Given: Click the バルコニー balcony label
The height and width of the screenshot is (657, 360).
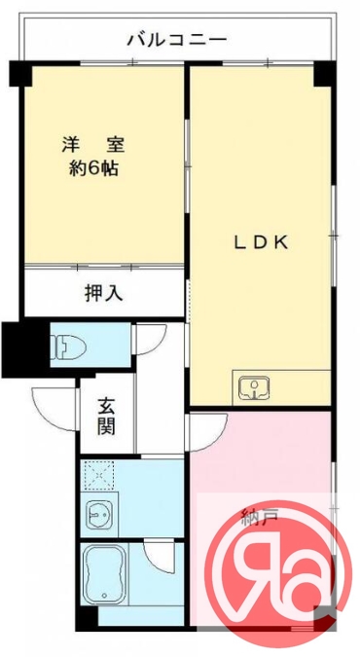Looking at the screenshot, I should coord(177,41).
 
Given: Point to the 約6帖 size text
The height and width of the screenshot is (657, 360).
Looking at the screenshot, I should coord(94,166).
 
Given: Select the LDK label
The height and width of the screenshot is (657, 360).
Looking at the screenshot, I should coord(260,243).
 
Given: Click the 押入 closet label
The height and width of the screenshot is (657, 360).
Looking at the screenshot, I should coord(103,292).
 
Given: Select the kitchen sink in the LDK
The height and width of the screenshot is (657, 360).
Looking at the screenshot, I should coord(255,387).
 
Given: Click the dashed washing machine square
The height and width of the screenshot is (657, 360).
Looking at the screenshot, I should coord(98,476).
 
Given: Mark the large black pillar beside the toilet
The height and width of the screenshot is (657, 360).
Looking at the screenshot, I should coord(18,348).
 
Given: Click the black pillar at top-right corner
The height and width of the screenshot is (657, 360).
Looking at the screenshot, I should coord(324,74).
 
